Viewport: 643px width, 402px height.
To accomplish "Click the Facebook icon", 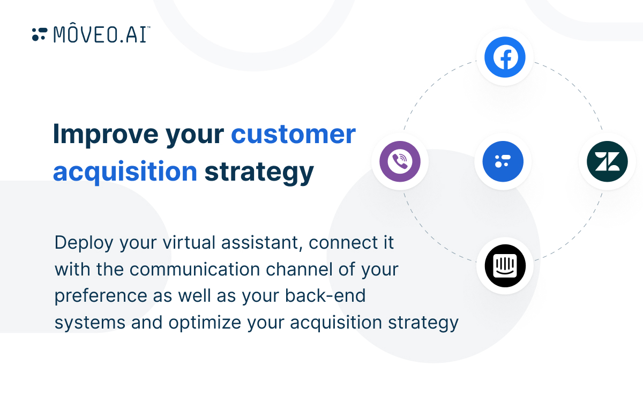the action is click(505, 57).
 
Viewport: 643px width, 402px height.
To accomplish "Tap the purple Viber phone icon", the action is click(400, 161).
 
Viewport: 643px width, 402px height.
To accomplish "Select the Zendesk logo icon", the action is click(607, 161).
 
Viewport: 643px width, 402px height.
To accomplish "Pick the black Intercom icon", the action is click(505, 266).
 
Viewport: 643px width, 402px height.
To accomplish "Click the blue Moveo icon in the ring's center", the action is click(503, 161).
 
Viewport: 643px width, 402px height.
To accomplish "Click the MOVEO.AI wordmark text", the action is click(102, 34).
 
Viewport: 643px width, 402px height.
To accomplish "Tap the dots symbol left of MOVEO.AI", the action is click(40, 34).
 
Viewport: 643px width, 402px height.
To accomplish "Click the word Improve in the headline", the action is click(106, 135).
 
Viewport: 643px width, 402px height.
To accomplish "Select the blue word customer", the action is click(294, 135).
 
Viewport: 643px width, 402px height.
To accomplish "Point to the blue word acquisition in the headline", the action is click(125, 172).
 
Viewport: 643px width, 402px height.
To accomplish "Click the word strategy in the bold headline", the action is click(259, 172).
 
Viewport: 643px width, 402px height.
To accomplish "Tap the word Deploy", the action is click(84, 243).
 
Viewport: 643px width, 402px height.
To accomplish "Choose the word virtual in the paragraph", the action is click(189, 242).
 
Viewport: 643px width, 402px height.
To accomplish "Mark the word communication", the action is click(195, 269).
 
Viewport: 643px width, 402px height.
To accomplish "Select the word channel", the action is click(299, 269).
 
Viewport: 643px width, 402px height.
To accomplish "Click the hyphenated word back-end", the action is click(325, 295).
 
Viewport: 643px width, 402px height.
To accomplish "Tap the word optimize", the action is click(205, 323).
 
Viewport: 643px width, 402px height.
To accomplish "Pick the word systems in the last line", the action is click(90, 323).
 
